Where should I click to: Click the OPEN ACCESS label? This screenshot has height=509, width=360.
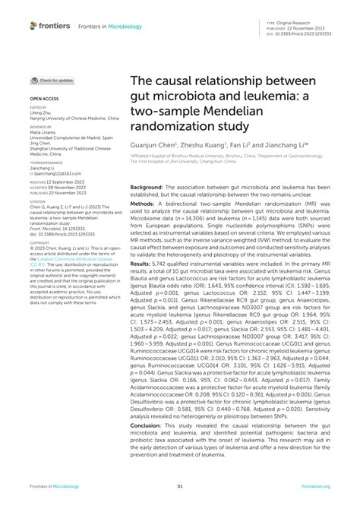pos(44,99)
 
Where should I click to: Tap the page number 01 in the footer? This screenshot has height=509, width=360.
pos(180,487)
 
